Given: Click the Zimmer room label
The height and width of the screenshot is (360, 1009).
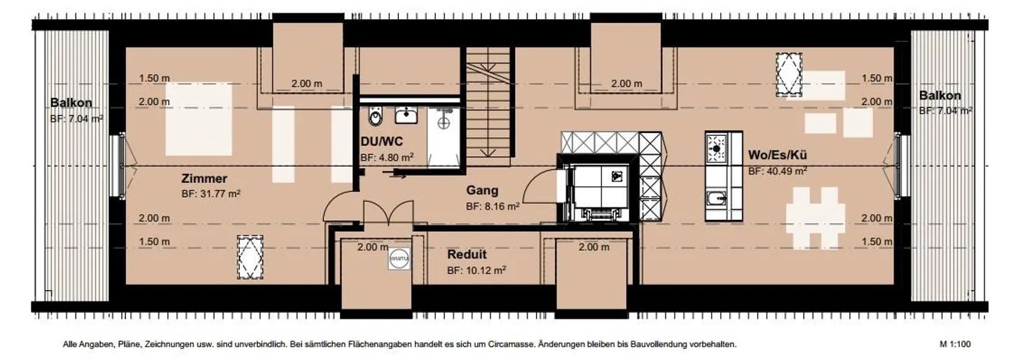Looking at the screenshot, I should point(204,179).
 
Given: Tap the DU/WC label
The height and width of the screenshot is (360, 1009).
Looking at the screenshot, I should point(381,142).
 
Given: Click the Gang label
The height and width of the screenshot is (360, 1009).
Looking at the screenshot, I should point(483,191).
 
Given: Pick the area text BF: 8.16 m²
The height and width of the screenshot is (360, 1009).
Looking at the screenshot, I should point(493,207).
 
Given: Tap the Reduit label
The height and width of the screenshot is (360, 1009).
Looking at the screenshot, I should point(467,254).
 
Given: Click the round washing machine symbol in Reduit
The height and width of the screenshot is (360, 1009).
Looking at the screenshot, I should point(399,258).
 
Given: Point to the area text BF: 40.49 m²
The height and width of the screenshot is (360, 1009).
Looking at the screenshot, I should point(777,170).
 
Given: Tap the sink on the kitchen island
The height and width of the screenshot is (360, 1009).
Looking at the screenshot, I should point(716,199).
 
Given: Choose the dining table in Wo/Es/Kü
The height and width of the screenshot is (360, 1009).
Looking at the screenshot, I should point(815,218).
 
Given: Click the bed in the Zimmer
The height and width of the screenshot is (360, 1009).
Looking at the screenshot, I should point(198,119).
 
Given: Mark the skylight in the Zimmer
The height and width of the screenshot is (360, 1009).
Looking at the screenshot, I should point(248,258).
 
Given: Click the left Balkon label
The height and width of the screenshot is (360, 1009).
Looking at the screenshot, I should point(71,103).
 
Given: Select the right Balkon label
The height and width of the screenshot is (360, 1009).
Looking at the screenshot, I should point(940,95).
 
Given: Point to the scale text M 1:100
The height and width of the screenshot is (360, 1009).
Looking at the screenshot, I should point(955,345).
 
